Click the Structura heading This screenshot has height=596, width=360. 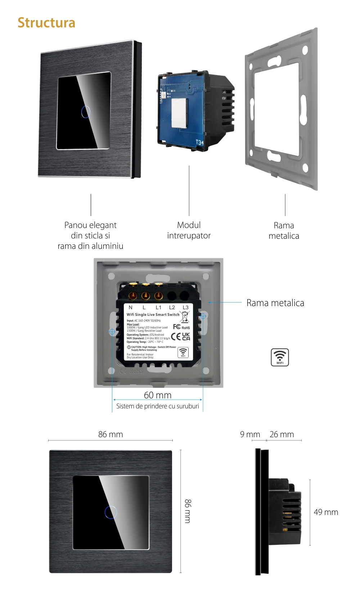(46, 23)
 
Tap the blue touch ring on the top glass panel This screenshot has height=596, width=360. (86, 112)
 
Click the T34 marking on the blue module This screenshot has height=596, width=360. (199, 143)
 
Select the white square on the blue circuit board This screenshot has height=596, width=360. (179, 113)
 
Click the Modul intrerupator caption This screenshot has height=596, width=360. (189, 230)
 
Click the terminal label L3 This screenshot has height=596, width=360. (185, 308)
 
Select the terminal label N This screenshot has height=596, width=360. (130, 308)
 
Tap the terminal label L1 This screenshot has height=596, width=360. (158, 308)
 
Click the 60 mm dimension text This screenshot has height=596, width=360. (158, 395)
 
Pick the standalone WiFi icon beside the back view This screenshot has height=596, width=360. (280, 357)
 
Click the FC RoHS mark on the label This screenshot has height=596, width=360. (181, 327)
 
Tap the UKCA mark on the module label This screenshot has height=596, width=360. (186, 336)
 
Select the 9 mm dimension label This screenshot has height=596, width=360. (250, 434)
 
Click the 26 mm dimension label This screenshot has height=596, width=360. (282, 434)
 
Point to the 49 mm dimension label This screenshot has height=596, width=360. (326, 512)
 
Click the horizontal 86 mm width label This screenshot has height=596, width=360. (111, 434)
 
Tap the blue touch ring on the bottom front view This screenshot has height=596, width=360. (111, 512)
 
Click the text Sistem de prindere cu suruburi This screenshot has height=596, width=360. (158, 406)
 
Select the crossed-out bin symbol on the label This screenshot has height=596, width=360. (185, 317)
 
